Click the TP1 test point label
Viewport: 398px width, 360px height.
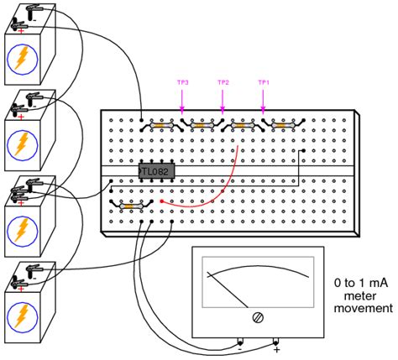[x=264, y=83]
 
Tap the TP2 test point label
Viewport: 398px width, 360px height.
[x=223, y=83]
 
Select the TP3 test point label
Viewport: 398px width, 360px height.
[x=182, y=83]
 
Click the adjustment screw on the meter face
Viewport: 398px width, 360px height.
[x=257, y=317]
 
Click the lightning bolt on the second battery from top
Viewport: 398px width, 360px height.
[x=22, y=144]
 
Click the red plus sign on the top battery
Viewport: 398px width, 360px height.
[x=20, y=31]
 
